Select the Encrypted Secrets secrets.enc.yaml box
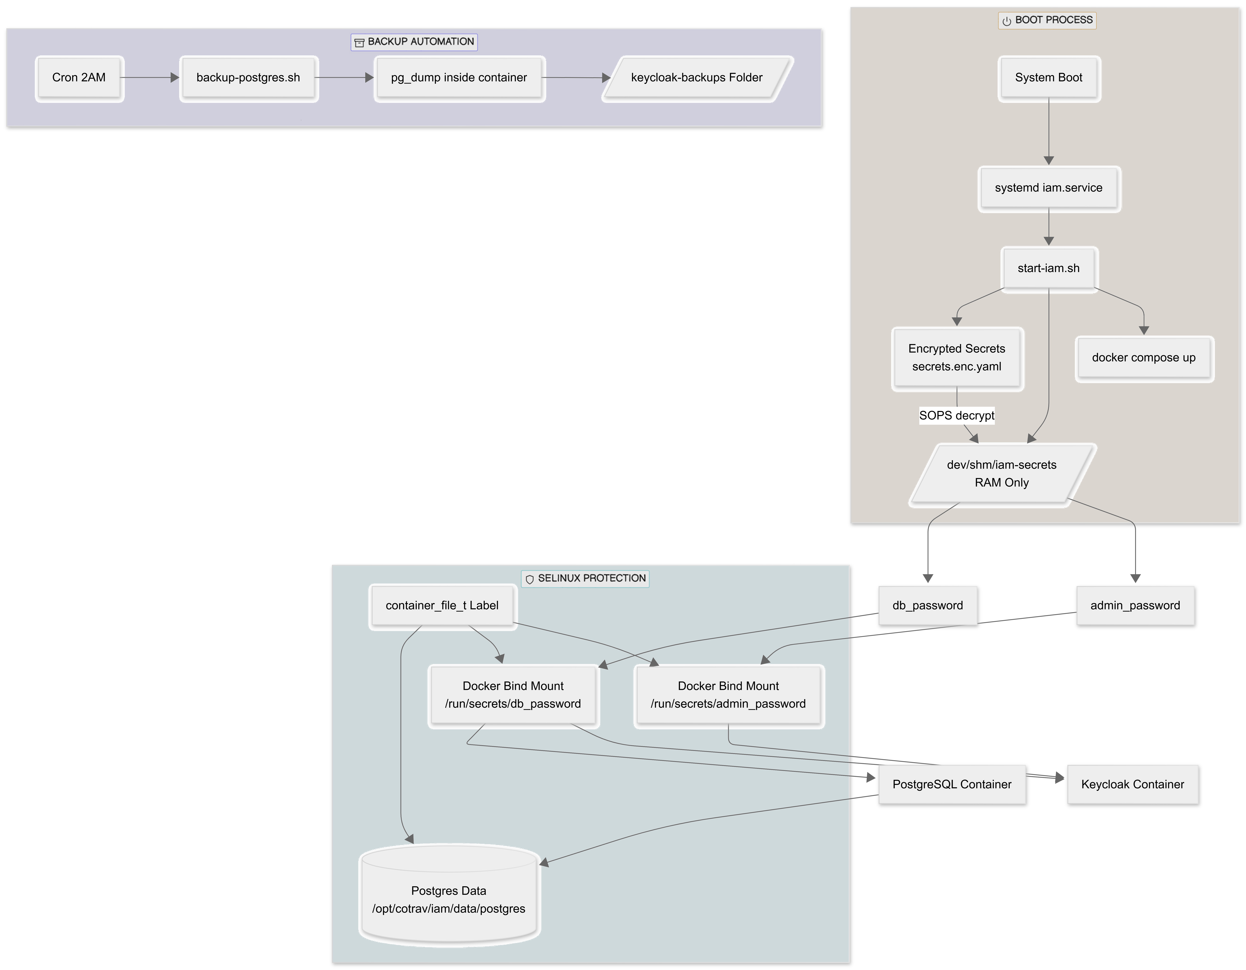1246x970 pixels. [957, 358]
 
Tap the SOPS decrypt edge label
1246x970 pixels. [957, 415]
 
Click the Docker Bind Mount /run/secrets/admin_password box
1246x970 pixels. [729, 695]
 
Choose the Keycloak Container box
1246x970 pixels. [1132, 785]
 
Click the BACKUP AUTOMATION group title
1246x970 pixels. [420, 42]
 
